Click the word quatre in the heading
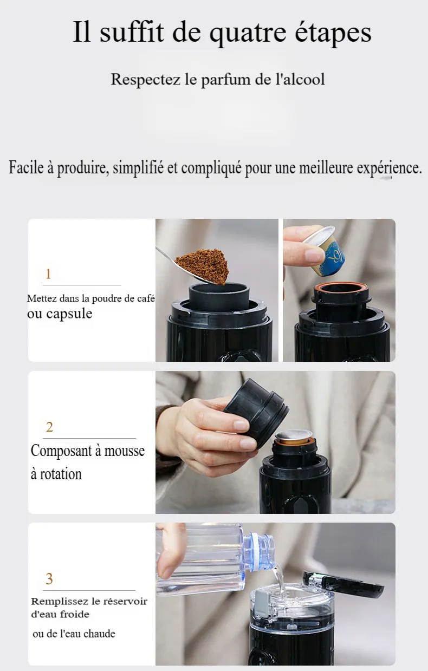pyautogui.click(x=248, y=32)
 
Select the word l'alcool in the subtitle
pyautogui.click(x=300, y=80)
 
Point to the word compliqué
pyautogui.click(x=211, y=167)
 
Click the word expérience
pyautogui.click(x=390, y=168)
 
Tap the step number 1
pyautogui.click(x=48, y=274)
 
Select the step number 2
pyautogui.click(x=49, y=427)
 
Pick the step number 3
pyautogui.click(x=49, y=579)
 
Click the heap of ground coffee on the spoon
pyautogui.click(x=203, y=265)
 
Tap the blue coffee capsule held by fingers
pyautogui.click(x=324, y=250)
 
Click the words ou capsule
pyautogui.click(x=60, y=314)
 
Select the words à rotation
pyautogui.click(x=56, y=474)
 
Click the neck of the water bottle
pyautogui.click(x=260, y=551)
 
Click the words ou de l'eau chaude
pyautogui.click(x=74, y=634)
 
